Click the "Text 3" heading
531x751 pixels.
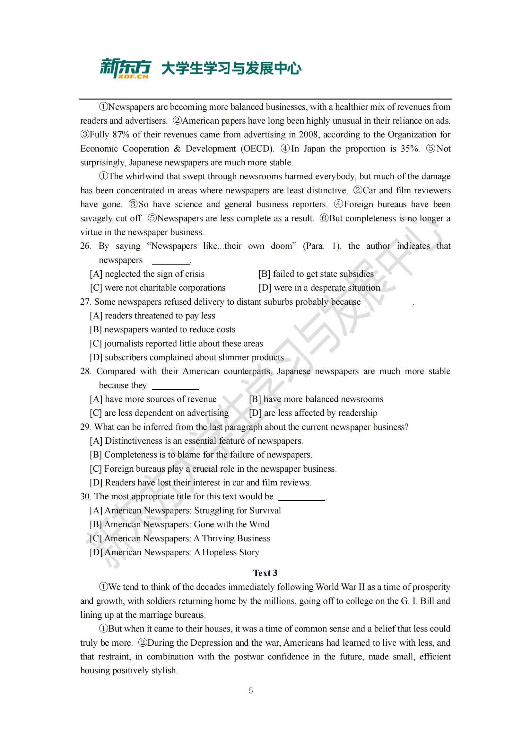click(x=265, y=573)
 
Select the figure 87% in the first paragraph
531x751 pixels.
click(x=120, y=135)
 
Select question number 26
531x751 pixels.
click(x=85, y=246)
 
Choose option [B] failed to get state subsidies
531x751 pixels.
click(x=316, y=274)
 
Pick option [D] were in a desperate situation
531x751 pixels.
click(x=319, y=288)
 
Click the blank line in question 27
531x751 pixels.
click(x=389, y=304)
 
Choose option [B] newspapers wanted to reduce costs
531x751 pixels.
click(x=162, y=329)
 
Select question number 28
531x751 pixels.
click(x=85, y=371)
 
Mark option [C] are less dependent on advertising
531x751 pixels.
click(x=159, y=413)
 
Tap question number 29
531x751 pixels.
click(x=85, y=427)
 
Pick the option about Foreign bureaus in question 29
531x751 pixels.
click(x=213, y=469)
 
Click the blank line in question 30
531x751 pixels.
click(x=302, y=499)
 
